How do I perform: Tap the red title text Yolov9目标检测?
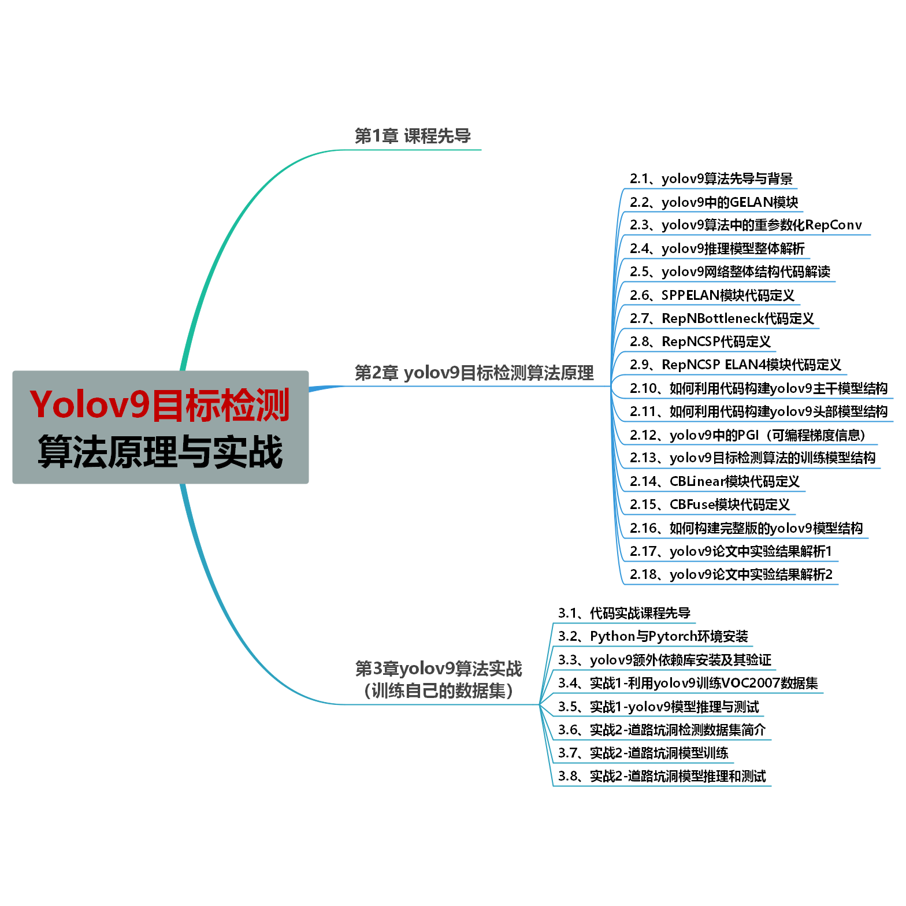click(x=160, y=405)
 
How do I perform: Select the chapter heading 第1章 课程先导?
click(x=413, y=136)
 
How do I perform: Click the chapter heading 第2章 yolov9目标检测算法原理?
click(x=474, y=373)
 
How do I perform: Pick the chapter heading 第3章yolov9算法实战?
click(x=439, y=669)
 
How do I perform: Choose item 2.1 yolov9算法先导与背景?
click(x=711, y=179)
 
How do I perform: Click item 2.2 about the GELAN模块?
click(x=714, y=202)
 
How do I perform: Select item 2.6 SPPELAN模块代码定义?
click(x=712, y=295)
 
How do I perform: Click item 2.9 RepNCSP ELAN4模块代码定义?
click(x=735, y=365)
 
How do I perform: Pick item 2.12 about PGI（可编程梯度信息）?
click(x=747, y=435)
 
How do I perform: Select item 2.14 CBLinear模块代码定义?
click(x=714, y=481)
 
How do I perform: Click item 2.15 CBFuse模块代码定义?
click(x=710, y=504)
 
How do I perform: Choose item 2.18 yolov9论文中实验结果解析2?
click(x=731, y=574)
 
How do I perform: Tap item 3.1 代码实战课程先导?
click(x=624, y=613)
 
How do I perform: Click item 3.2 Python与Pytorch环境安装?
click(x=653, y=637)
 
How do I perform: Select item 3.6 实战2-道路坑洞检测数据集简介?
click(x=662, y=730)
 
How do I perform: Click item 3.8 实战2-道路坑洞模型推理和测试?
click(x=662, y=776)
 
